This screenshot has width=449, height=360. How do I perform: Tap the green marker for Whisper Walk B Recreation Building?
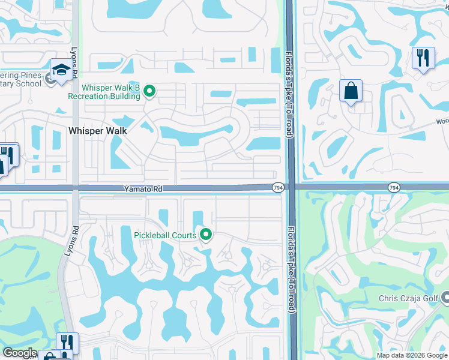150,92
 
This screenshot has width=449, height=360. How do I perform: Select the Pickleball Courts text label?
165,235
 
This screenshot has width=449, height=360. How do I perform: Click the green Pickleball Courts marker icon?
206,235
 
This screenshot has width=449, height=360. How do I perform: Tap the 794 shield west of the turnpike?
278,188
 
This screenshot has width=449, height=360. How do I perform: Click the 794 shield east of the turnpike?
393,188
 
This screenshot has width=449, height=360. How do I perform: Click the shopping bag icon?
351,91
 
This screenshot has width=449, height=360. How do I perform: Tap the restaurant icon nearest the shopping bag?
423,58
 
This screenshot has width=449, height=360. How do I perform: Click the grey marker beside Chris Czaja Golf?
445,297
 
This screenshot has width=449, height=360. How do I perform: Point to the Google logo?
20,353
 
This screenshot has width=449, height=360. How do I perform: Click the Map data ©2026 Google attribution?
412,355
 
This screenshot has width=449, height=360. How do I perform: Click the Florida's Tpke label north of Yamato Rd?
289,96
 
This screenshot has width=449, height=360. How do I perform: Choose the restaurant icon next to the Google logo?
67,343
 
